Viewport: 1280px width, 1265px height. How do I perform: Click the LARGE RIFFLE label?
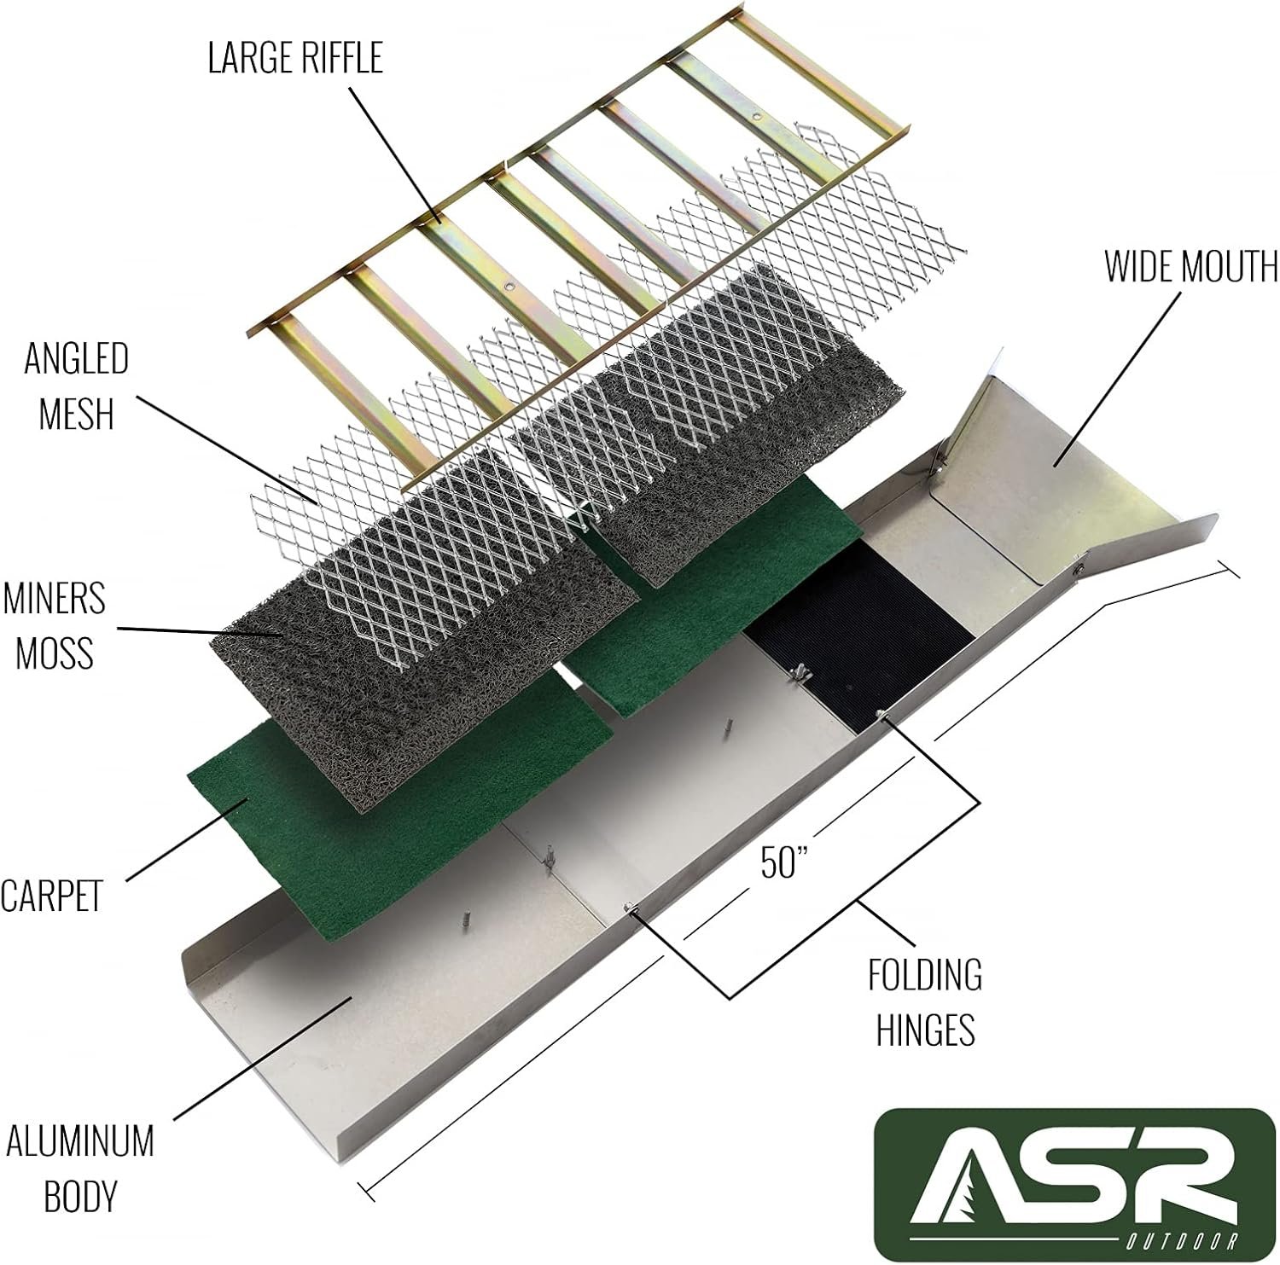pos(295,58)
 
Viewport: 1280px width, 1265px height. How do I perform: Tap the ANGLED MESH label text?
pos(76,386)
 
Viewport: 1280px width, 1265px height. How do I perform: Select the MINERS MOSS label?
pos(54,624)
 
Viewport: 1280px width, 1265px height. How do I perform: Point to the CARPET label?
pos(51,896)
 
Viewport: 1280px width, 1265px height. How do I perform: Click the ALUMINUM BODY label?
pos(79,1168)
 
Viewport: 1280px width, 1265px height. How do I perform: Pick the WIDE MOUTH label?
pos(1191,266)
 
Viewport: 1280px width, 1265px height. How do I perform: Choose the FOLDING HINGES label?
pos(925,1001)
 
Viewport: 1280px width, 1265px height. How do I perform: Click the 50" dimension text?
pos(783,862)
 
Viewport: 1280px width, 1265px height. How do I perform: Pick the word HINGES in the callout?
pos(925,1030)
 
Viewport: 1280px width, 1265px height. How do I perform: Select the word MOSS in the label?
pos(54,653)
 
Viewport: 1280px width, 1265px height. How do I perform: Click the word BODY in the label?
pos(79,1196)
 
